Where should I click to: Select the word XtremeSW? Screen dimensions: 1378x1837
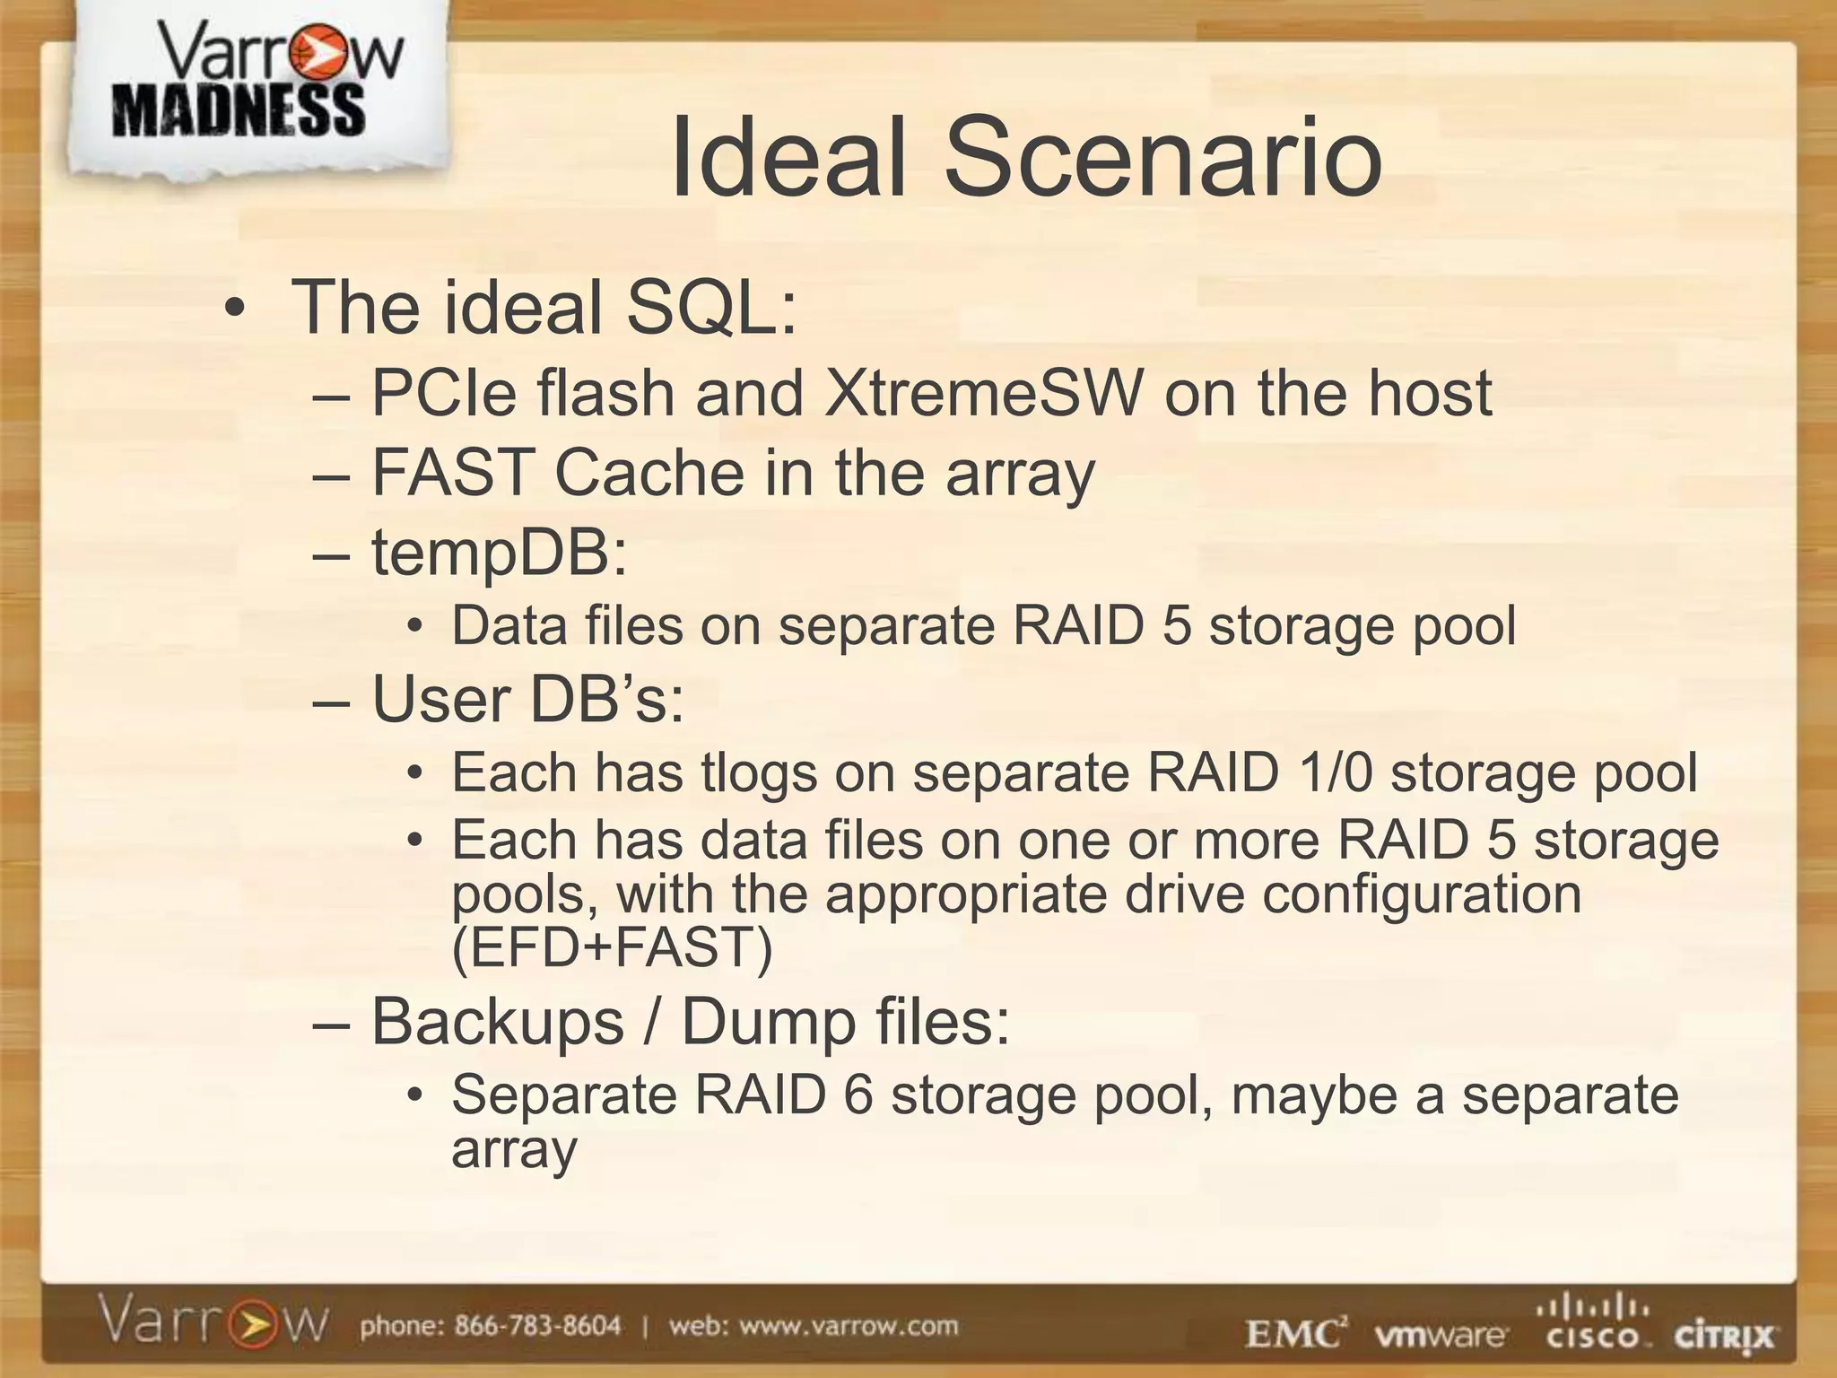985,394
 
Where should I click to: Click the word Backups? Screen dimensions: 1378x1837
498,1022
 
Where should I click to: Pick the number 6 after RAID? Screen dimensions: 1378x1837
858,1095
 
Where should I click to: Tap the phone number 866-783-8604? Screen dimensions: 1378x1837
537,1326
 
